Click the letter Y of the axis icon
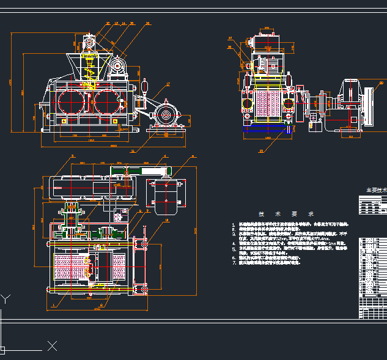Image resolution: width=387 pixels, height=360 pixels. click(x=6, y=299)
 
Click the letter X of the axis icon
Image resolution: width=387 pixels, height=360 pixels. click(x=53, y=347)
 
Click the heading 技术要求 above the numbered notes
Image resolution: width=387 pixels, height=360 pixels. click(x=286, y=215)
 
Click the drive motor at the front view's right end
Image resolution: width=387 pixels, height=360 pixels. click(x=166, y=114)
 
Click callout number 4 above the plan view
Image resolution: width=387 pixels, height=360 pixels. click(x=165, y=157)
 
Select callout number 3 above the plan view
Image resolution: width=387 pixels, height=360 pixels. click(x=72, y=156)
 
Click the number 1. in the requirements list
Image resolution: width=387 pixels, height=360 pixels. click(x=234, y=224)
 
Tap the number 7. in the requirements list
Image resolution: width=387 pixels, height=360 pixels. click(x=234, y=263)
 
